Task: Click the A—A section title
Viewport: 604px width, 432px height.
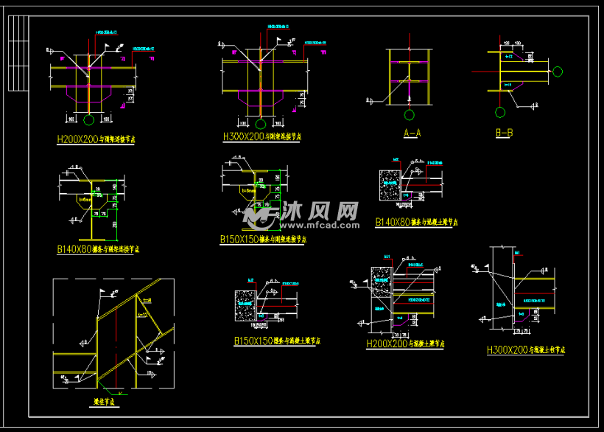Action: (x=412, y=133)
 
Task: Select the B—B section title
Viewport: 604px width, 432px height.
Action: (x=504, y=133)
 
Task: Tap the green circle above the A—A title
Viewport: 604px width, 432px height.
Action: (x=409, y=115)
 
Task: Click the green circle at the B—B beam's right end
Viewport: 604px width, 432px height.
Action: (x=558, y=72)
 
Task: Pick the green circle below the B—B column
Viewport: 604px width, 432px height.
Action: (x=500, y=113)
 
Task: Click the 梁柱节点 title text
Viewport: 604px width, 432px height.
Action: (x=105, y=402)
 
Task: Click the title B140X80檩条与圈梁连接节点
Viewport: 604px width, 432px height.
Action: (x=98, y=249)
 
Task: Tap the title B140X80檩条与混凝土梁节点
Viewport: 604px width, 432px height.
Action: (x=416, y=221)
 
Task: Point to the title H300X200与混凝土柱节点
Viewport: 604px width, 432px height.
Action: (x=526, y=350)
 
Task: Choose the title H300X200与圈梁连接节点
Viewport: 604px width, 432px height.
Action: (x=261, y=136)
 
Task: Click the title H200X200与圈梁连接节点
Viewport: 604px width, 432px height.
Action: (x=95, y=138)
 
